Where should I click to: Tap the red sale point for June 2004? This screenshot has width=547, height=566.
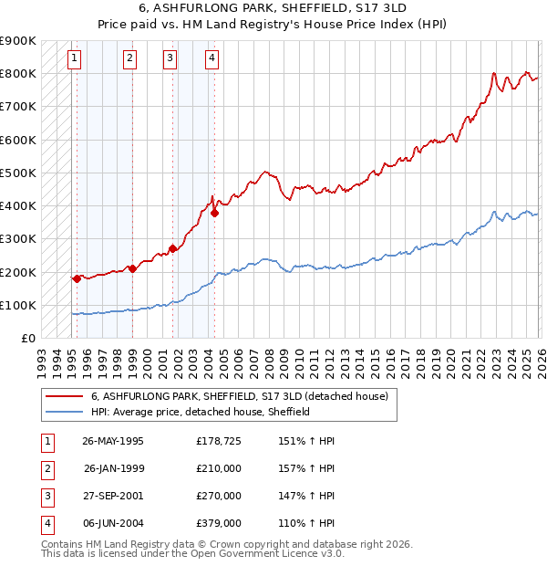point(214,214)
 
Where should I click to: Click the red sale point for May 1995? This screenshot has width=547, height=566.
point(77,279)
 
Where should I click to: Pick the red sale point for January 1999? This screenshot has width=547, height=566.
point(132,268)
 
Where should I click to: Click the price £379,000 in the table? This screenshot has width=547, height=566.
point(219,524)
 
